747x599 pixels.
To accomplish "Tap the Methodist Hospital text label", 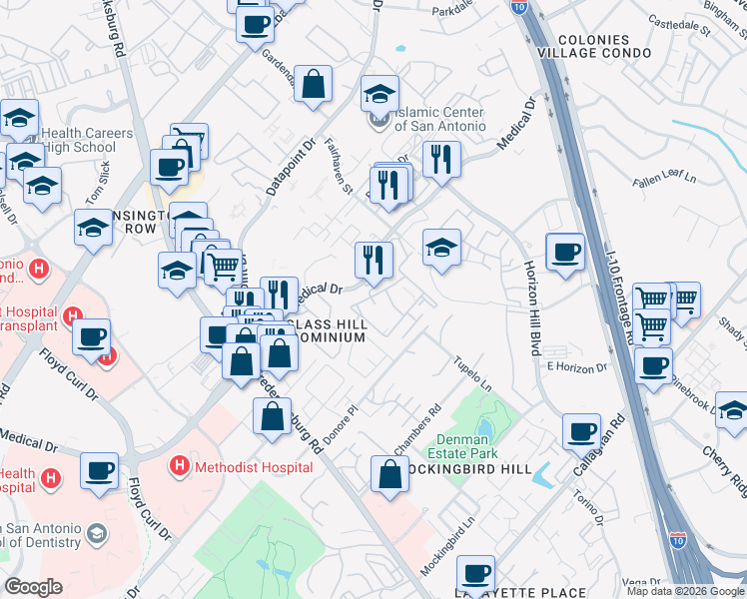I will [239, 465].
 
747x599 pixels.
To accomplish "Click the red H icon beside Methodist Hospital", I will [180, 465].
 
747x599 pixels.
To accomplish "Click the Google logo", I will [33, 587].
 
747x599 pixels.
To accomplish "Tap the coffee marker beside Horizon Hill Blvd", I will [565, 253].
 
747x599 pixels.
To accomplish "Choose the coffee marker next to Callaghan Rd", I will [581, 432].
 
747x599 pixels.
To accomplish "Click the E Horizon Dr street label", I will [577, 367].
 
